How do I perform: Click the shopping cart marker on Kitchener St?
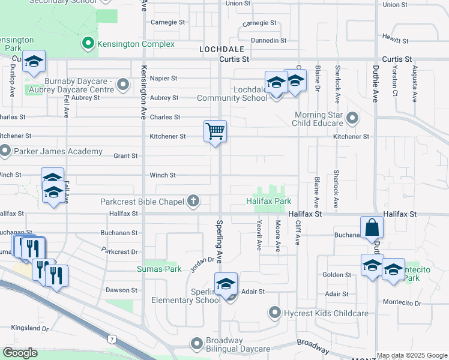point(215,131)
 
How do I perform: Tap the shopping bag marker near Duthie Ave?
point(372,227)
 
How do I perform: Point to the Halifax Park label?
point(269,201)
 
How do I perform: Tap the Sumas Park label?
point(158,268)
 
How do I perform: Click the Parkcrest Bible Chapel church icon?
point(193,201)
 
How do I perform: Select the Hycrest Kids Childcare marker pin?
point(274,312)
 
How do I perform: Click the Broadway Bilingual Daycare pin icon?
point(196,344)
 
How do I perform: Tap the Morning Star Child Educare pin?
point(352,118)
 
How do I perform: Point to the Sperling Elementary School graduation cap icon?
point(226,283)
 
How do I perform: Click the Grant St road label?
point(125,156)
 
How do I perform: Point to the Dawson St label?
point(122,290)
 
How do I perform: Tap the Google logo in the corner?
point(20,353)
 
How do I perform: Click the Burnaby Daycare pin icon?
point(124,84)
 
